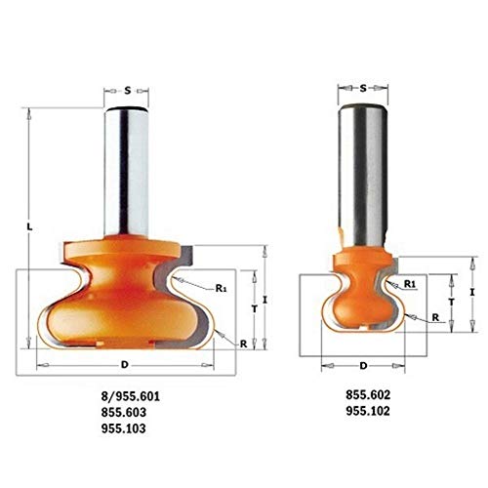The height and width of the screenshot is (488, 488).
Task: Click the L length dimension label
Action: (x=31, y=227)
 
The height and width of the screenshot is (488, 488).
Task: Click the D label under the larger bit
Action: (x=124, y=364)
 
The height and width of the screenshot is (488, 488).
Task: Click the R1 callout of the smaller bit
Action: (x=411, y=284)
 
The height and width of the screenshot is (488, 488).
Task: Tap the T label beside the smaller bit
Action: (x=451, y=302)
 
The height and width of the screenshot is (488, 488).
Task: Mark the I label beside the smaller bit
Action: (x=471, y=292)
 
